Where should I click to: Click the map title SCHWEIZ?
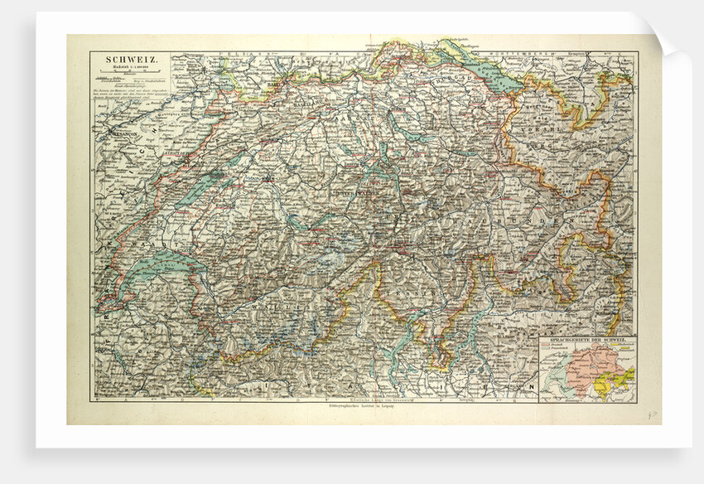tap(125, 60)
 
